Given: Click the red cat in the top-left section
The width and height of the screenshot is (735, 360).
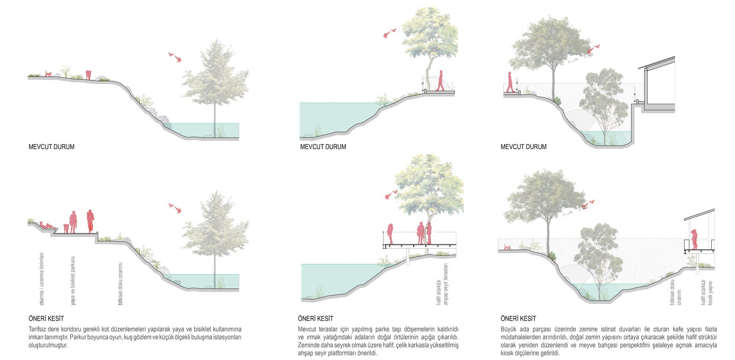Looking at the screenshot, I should click(48, 74).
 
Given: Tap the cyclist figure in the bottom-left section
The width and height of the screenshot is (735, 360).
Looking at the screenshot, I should click(90, 221).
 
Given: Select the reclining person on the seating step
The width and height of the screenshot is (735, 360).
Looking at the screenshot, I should click(47, 225).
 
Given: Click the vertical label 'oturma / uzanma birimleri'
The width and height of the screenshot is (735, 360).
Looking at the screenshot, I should click(42, 278).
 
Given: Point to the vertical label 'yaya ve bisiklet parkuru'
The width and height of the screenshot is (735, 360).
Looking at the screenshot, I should click(73, 281).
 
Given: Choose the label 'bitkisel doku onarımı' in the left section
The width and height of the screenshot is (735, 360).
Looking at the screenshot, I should click(120, 284).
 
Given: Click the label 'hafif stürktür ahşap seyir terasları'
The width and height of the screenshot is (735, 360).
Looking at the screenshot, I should click(442, 284).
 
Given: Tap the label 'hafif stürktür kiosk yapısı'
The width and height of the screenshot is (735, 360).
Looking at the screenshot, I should click(707, 292).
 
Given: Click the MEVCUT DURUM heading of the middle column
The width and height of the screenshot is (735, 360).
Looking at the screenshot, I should click(323, 147).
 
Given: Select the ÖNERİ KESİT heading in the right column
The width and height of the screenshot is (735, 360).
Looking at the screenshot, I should click(518, 318).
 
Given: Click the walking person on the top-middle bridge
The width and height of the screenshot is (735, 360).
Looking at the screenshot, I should click(440, 81).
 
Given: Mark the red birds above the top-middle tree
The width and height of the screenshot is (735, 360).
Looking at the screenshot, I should click(389, 33).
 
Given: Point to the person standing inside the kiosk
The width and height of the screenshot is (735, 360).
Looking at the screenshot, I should click(694, 239).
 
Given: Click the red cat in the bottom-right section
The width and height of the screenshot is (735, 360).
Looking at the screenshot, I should click(508, 247).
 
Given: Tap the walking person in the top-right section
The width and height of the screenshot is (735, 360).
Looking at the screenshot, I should click(510, 82).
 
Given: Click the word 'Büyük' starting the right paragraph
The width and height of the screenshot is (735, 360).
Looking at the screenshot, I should click(509, 329).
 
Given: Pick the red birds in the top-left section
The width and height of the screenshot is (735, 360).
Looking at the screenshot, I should click(176, 57).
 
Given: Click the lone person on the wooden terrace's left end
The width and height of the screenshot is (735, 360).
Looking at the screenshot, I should click(390, 234).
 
